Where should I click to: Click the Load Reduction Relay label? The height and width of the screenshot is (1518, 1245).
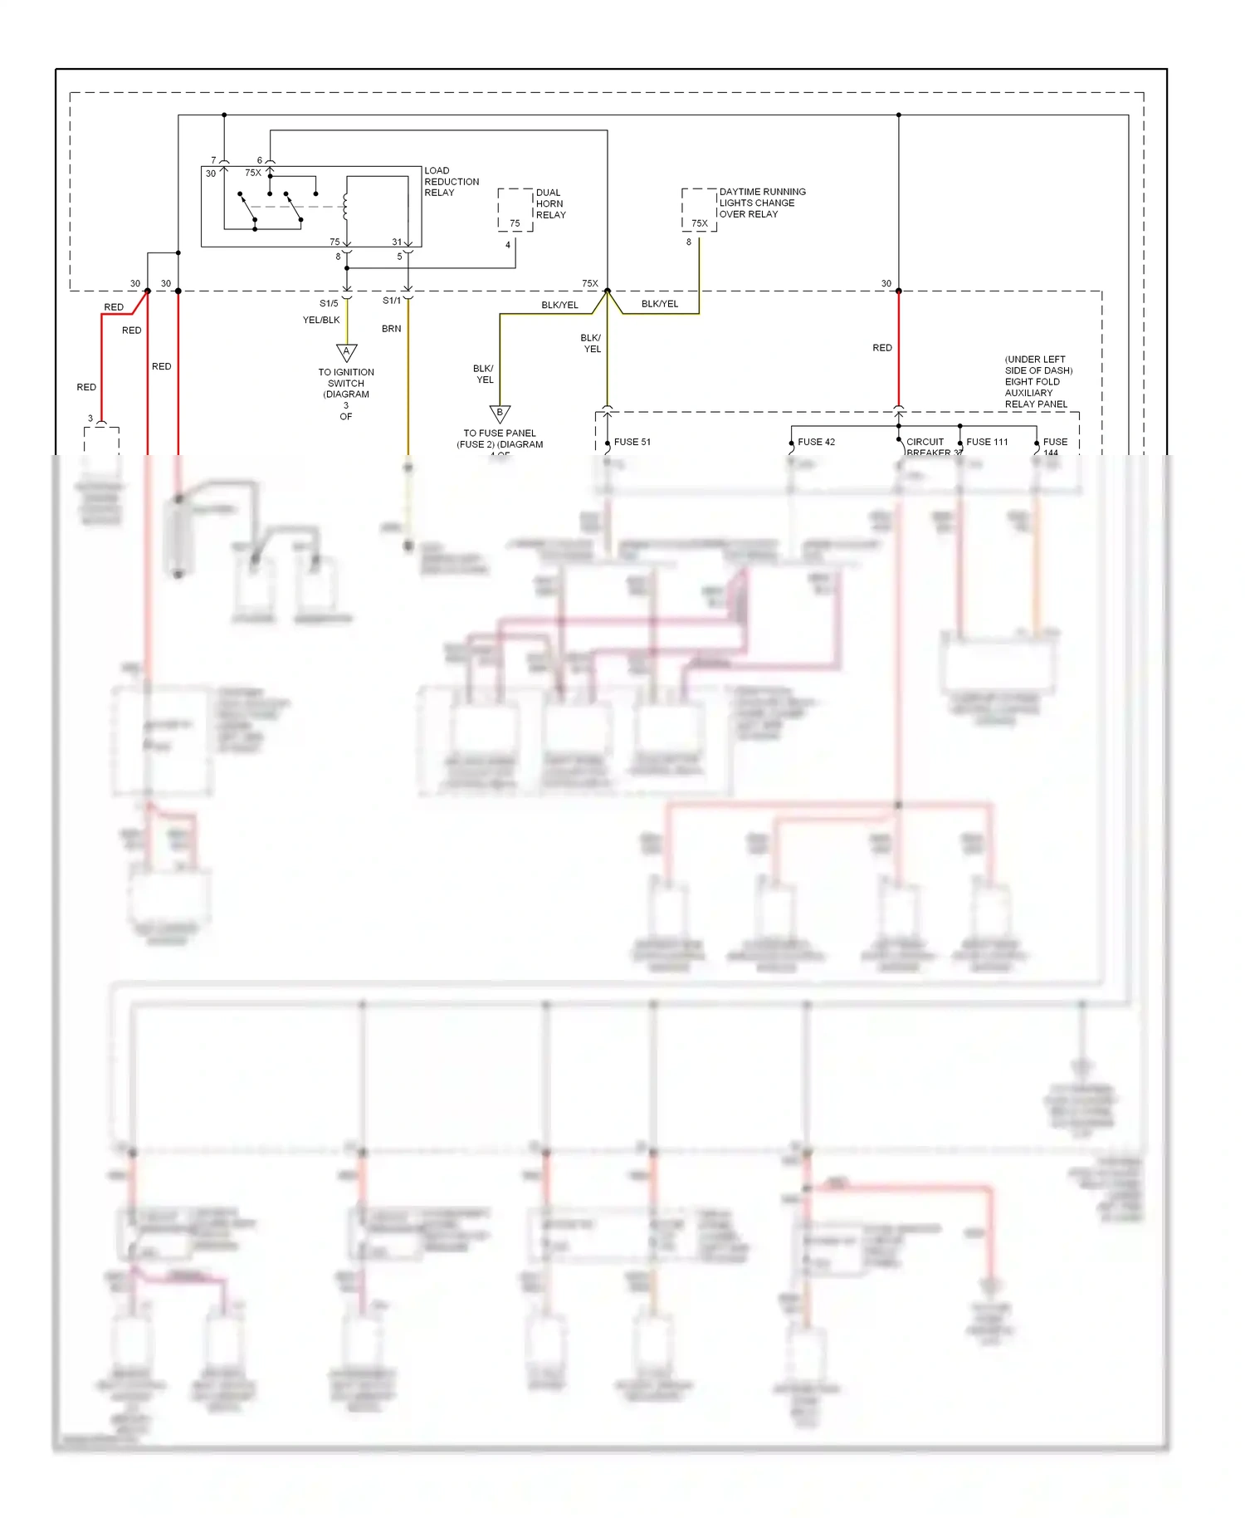point(451,181)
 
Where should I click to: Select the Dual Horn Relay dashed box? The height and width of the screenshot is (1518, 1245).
point(515,209)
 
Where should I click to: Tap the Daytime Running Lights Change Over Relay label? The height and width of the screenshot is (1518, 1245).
point(761,203)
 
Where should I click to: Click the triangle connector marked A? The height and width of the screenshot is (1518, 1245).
point(346,352)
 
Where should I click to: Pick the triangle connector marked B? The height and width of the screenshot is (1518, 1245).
point(500,413)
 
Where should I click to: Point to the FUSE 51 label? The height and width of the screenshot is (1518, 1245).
point(632,442)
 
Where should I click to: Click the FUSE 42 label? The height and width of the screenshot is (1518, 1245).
point(816,442)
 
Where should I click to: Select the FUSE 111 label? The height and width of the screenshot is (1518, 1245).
point(987,442)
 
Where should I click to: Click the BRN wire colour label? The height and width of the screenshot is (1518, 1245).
point(391,329)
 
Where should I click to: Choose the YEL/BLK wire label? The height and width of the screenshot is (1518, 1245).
point(321,320)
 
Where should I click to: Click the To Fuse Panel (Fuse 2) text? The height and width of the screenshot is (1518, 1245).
point(500,438)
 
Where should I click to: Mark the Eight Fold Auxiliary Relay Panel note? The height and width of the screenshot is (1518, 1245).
point(1037,382)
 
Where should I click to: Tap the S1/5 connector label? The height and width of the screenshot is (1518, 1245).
point(329,303)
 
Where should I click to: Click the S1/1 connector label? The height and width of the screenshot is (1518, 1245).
point(391,301)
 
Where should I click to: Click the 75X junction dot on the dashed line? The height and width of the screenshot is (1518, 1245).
point(607,291)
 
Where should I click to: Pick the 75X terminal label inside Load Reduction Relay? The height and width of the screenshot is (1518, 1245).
point(252,173)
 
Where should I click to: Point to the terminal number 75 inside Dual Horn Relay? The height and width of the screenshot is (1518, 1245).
point(515,223)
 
